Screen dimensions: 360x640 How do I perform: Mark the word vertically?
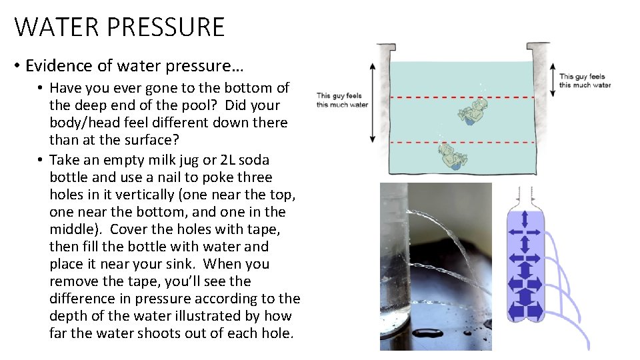click(x=166, y=195)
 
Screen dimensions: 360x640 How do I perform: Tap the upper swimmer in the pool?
click(x=471, y=111)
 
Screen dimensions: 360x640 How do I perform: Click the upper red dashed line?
click(x=460, y=97)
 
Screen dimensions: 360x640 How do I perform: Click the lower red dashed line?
click(x=460, y=143)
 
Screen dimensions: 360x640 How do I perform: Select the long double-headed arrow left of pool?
click(x=372, y=103)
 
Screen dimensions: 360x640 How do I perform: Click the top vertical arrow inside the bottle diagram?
click(x=524, y=218)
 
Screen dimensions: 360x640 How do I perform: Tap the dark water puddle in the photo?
click(x=427, y=333)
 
